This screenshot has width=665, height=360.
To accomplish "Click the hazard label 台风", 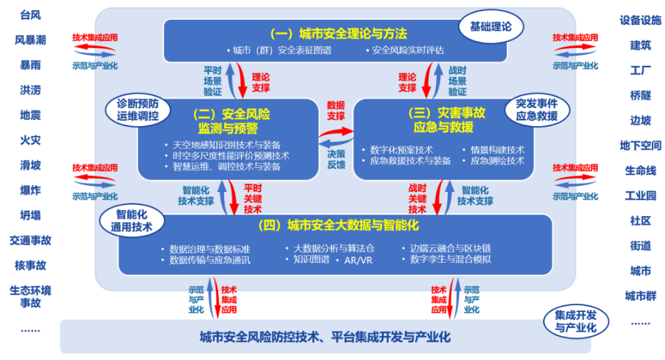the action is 31,15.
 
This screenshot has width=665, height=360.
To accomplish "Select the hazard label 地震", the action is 31,115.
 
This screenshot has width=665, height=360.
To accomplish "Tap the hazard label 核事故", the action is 31,265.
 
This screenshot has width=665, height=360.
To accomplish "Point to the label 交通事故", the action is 31,241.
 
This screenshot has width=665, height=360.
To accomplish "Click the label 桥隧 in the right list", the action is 640,95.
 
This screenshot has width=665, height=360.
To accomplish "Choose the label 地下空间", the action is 640,146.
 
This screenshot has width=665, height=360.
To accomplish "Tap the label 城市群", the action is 640,296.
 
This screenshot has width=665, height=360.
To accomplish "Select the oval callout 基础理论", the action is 491,27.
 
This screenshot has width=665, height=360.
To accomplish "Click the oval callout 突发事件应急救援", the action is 537,110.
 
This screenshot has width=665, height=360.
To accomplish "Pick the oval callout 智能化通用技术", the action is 132,221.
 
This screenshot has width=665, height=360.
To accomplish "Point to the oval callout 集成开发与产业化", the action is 576,322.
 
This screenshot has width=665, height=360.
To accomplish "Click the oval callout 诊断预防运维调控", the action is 137,110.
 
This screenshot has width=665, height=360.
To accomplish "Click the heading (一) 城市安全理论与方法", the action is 339,34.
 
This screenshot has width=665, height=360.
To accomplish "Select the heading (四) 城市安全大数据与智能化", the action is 339,225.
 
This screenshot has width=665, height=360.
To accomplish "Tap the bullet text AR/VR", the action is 358,261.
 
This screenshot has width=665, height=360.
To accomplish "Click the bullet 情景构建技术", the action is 497,149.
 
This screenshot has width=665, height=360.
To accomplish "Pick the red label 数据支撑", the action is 336,110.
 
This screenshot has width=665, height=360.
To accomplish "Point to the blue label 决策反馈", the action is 337,159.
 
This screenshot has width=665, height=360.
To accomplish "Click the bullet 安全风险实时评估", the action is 407,51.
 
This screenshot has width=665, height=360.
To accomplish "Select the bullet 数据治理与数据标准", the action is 210,249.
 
